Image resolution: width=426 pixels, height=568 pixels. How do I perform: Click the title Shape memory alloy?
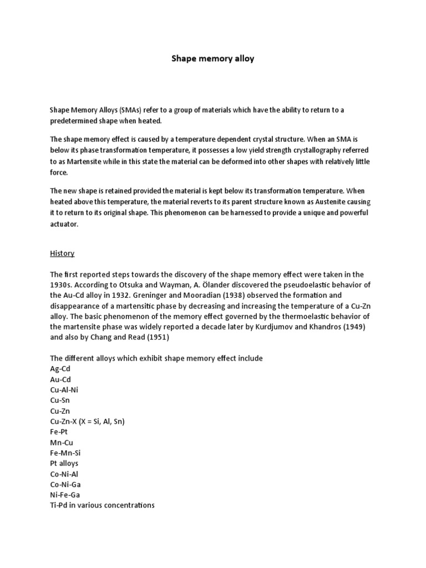click(212, 58)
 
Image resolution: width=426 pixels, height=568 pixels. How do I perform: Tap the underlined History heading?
click(62, 253)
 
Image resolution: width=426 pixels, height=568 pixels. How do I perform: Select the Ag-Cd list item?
click(60, 369)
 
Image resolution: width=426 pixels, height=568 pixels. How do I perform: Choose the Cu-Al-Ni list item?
click(64, 390)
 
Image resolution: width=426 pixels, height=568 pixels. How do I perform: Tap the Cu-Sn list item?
click(60, 400)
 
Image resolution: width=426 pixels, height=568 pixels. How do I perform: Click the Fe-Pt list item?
click(59, 432)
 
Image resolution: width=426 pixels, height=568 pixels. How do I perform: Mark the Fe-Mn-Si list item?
click(65, 453)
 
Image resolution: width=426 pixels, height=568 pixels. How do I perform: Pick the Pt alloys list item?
click(64, 464)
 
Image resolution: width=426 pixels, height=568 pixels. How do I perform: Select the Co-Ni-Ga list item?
click(65, 485)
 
